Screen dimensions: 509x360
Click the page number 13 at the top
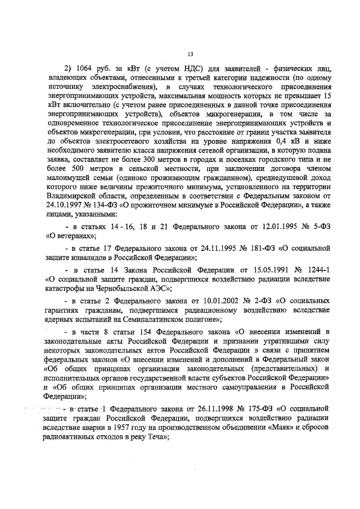(x=190, y=54)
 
